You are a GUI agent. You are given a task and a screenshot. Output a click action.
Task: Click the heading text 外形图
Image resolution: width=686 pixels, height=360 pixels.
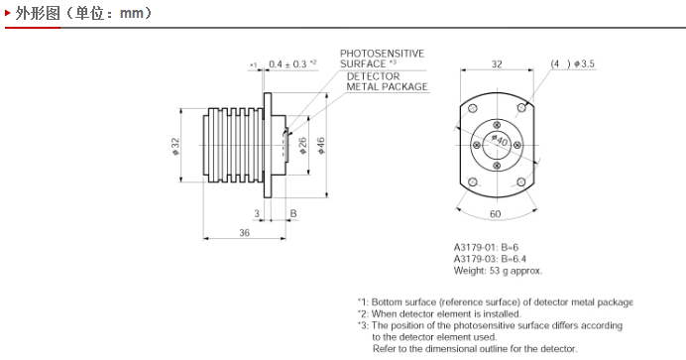38,13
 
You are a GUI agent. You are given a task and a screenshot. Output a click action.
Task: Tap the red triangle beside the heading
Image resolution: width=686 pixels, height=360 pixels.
8,13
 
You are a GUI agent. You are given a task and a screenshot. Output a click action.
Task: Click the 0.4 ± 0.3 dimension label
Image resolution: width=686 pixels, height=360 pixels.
287,64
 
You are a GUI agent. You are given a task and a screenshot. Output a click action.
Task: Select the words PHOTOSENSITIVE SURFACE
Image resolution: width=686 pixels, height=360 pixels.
382,59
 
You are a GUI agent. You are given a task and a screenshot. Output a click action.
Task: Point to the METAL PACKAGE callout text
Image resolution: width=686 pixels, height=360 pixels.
387,86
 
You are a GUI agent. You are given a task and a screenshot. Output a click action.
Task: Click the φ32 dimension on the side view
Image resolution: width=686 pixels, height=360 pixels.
175,146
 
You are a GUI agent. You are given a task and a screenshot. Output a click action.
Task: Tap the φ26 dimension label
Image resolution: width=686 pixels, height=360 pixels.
302,146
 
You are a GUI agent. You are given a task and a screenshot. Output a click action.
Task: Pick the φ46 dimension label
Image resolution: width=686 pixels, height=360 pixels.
321,146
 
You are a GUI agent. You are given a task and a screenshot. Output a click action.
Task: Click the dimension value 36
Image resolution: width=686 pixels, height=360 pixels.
244,233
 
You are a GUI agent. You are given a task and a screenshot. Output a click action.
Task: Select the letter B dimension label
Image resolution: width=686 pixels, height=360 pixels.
293,213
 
